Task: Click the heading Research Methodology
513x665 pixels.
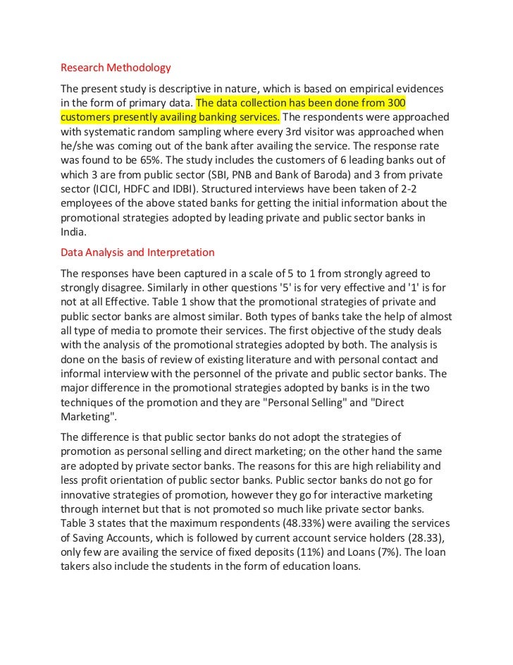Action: (x=116, y=68)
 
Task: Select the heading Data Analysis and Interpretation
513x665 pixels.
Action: (x=137, y=252)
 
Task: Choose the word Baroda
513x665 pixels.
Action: (x=414, y=174)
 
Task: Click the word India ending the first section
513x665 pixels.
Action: (x=73, y=231)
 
